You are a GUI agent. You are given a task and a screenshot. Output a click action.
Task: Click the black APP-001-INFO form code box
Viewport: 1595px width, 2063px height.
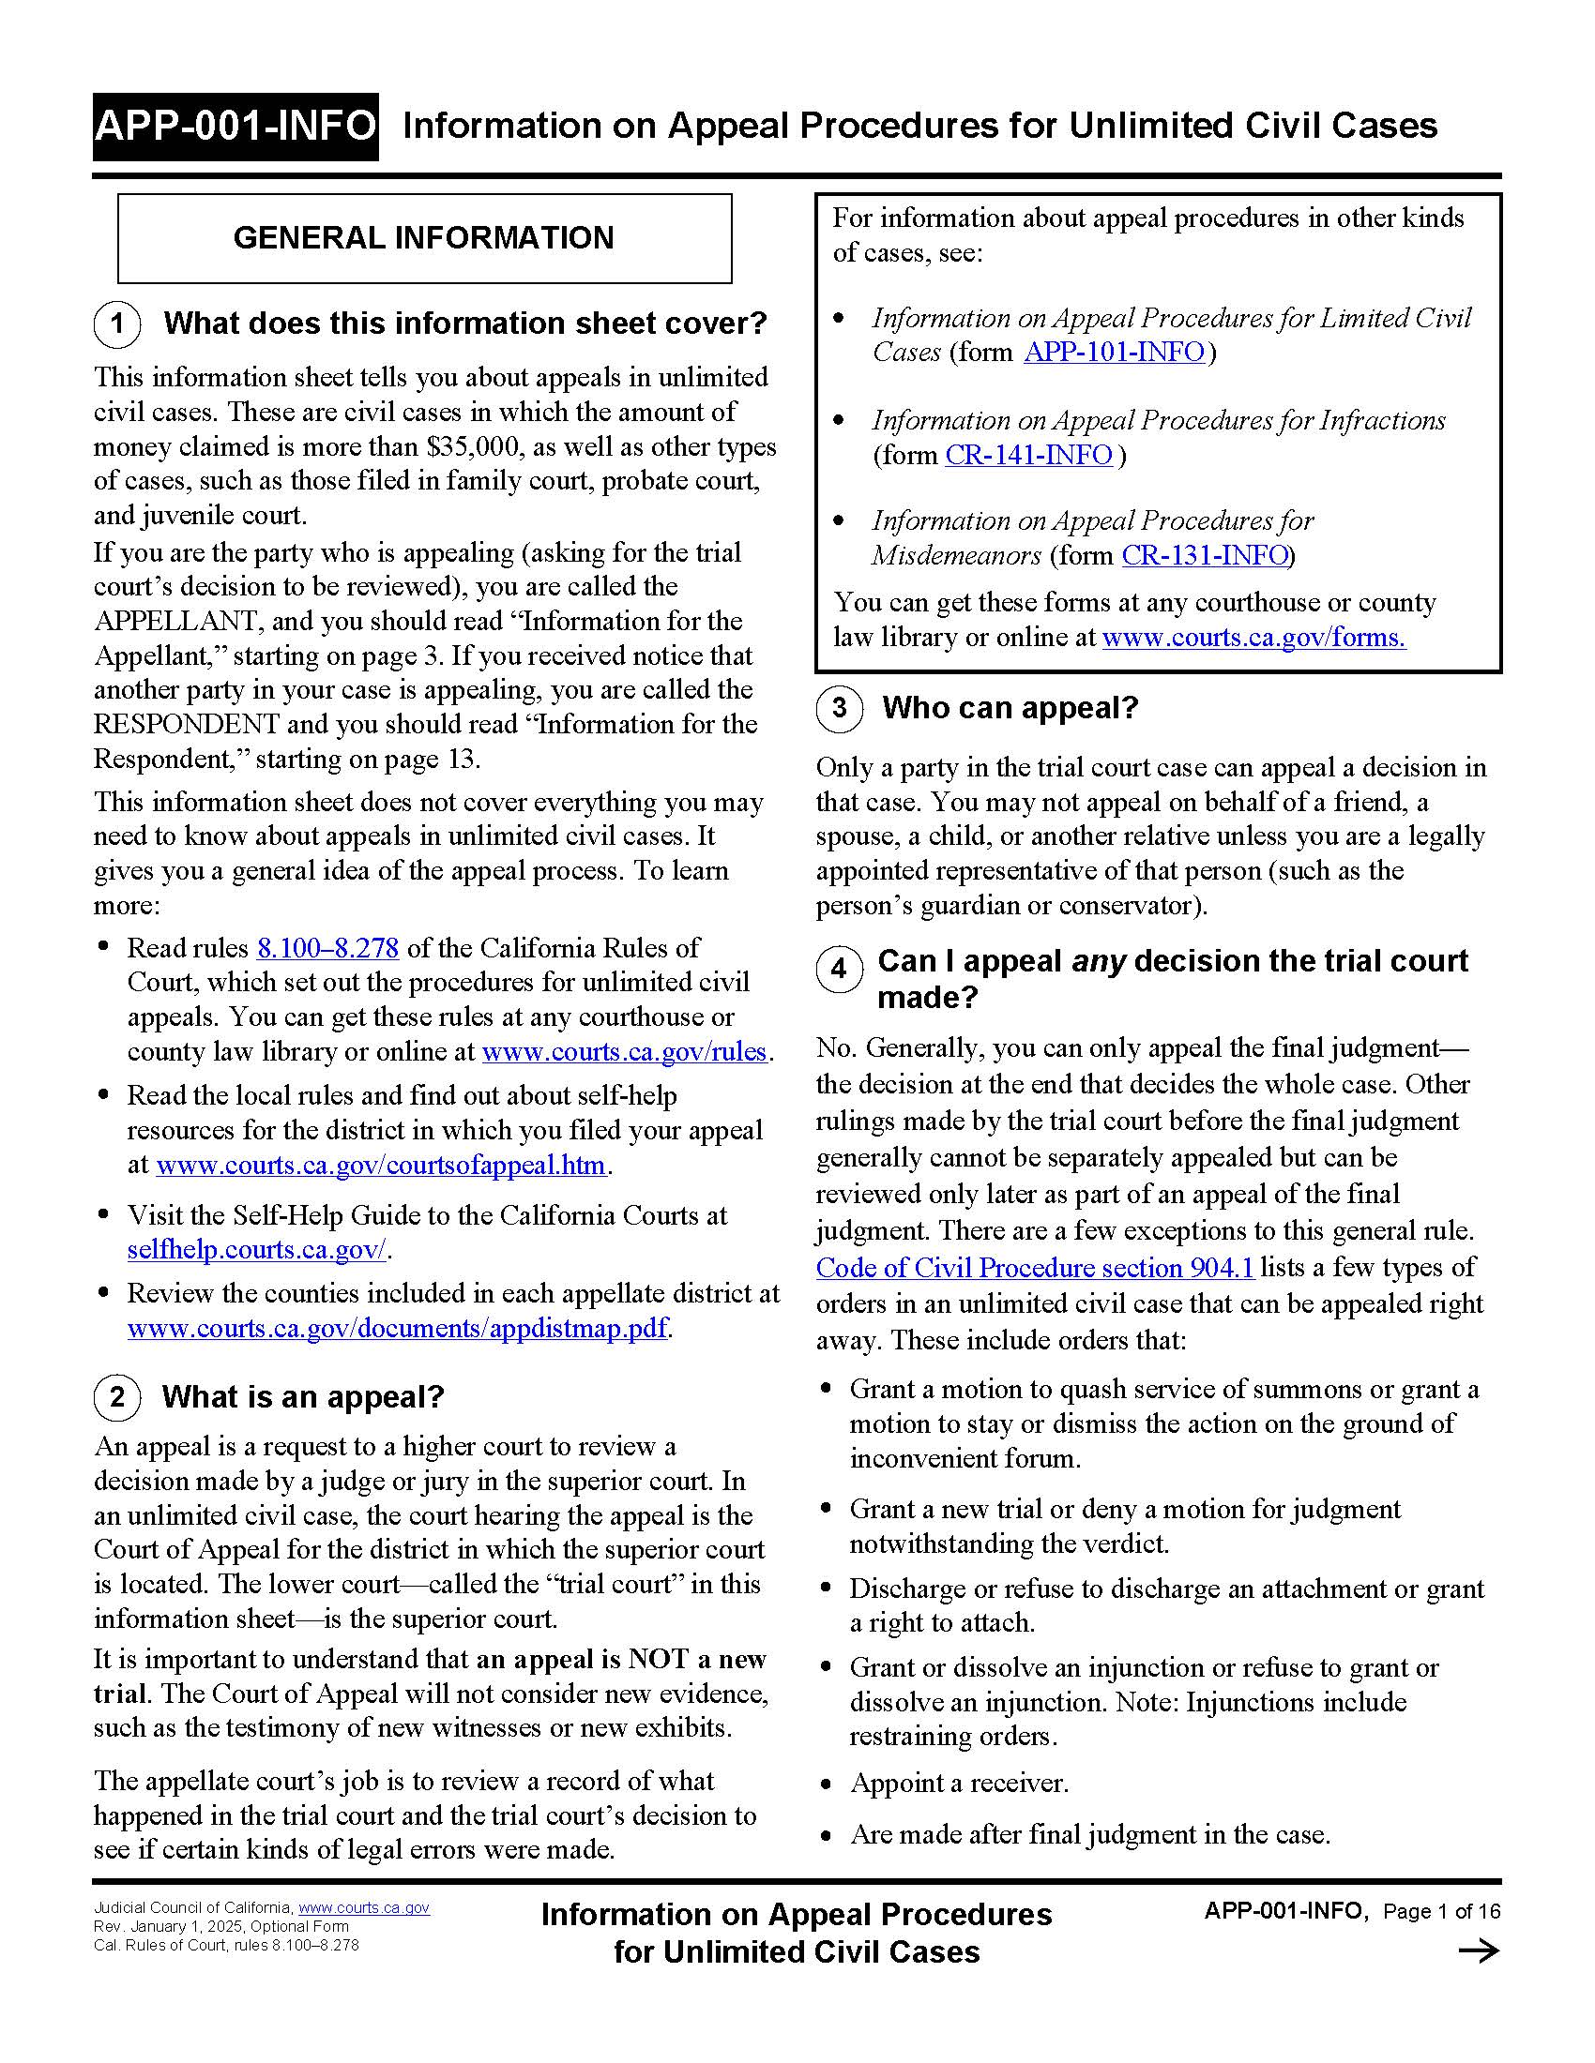click(x=235, y=127)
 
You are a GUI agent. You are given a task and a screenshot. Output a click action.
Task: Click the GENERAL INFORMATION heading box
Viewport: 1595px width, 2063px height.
click(x=424, y=238)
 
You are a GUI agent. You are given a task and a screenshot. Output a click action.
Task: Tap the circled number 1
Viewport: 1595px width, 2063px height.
click(x=117, y=324)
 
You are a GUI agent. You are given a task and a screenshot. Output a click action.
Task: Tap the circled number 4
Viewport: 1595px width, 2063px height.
click(x=839, y=970)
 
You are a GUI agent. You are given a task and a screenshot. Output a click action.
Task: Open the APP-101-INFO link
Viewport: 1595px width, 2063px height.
click(x=1114, y=353)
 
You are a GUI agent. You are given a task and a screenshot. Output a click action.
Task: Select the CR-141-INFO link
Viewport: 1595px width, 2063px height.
click(x=1028, y=456)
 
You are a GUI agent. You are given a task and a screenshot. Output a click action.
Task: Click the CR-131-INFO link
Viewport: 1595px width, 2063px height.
click(x=1205, y=555)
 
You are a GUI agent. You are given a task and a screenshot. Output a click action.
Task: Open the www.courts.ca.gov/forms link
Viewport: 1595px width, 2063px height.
click(x=1253, y=638)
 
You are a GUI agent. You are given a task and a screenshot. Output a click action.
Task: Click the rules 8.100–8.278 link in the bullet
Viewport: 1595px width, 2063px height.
click(x=327, y=947)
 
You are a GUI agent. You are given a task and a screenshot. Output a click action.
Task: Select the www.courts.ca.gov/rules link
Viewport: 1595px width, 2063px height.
click(x=624, y=1051)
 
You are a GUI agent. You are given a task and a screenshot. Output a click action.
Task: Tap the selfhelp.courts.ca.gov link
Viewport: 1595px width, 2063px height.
click(x=257, y=1250)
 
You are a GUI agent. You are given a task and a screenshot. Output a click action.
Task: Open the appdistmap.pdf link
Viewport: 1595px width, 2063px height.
click(x=397, y=1329)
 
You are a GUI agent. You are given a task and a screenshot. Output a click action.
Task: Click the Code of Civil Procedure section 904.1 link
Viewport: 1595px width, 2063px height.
click(x=1034, y=1268)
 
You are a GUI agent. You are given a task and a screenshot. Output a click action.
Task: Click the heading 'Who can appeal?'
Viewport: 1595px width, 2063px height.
click(x=1010, y=708)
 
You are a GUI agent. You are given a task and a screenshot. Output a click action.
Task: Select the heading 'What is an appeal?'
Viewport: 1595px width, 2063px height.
click(x=302, y=1397)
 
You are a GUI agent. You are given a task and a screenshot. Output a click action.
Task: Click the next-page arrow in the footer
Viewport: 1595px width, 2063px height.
click(x=1478, y=1951)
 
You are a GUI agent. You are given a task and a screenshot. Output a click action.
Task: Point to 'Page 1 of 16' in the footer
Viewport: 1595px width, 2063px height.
click(x=1441, y=1912)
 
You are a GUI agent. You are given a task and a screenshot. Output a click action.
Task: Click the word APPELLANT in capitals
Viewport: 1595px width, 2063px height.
click(x=176, y=622)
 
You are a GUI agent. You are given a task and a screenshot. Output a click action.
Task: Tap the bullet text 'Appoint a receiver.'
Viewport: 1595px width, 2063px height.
click(x=959, y=1784)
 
